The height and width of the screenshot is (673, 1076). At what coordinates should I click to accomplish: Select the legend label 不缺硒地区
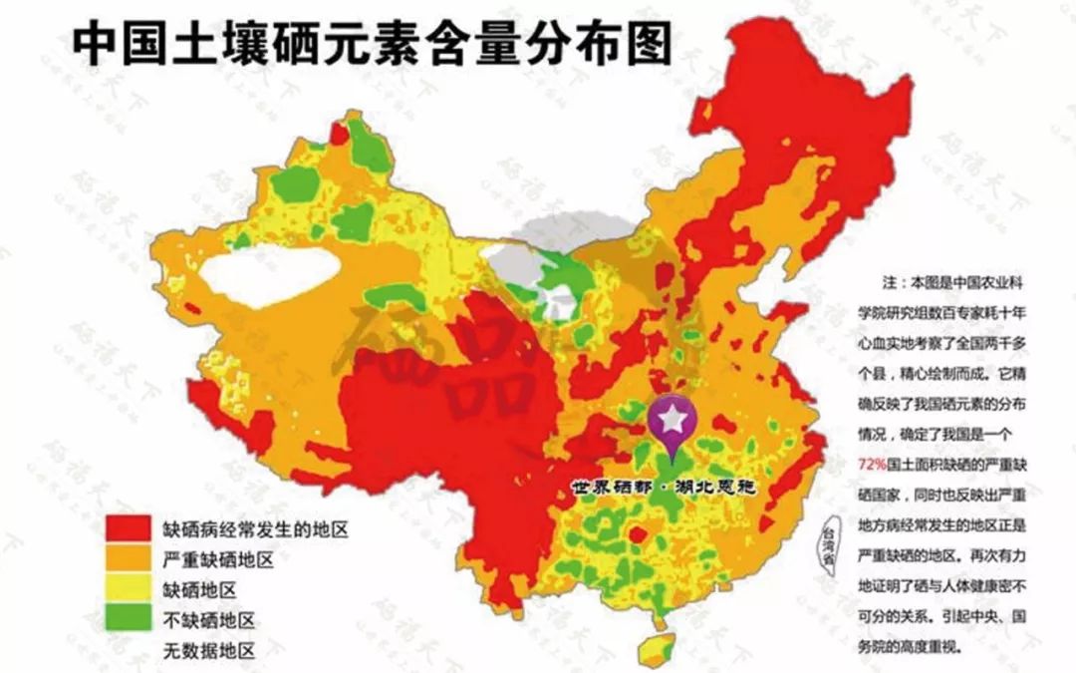(x=208, y=620)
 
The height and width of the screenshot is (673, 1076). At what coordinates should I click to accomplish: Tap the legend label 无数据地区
(x=208, y=651)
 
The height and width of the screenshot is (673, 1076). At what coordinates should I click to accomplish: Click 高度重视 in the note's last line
(x=928, y=646)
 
